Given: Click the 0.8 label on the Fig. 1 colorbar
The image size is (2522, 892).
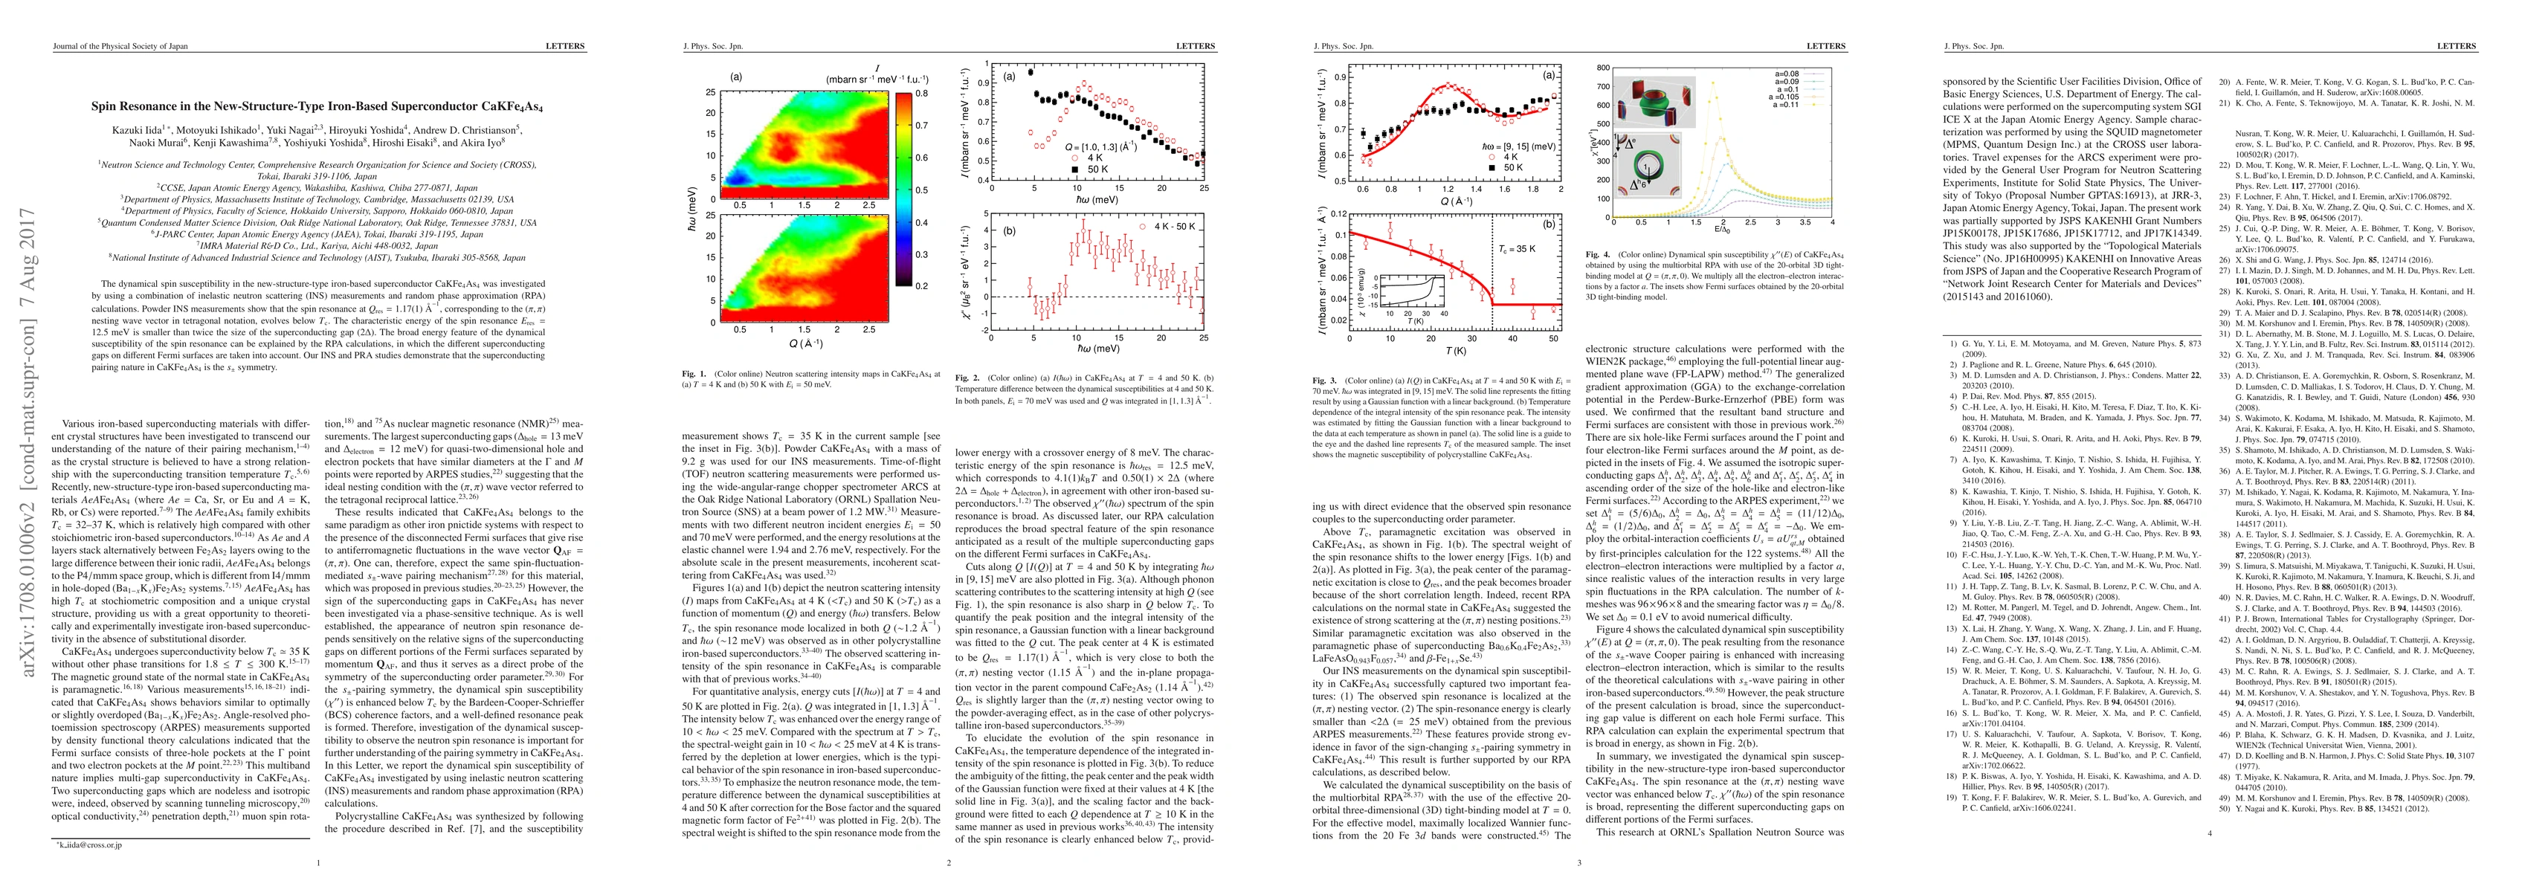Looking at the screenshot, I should [922, 94].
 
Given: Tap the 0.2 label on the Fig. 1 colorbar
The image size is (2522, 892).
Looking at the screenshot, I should [922, 286].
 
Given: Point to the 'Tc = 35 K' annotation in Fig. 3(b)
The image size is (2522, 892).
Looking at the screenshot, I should [1515, 249].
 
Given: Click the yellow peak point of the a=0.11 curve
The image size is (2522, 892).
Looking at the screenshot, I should [1713, 83].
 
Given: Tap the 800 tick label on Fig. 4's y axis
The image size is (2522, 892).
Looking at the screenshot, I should [1603, 68].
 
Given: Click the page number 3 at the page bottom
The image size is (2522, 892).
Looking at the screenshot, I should [1578, 862].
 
